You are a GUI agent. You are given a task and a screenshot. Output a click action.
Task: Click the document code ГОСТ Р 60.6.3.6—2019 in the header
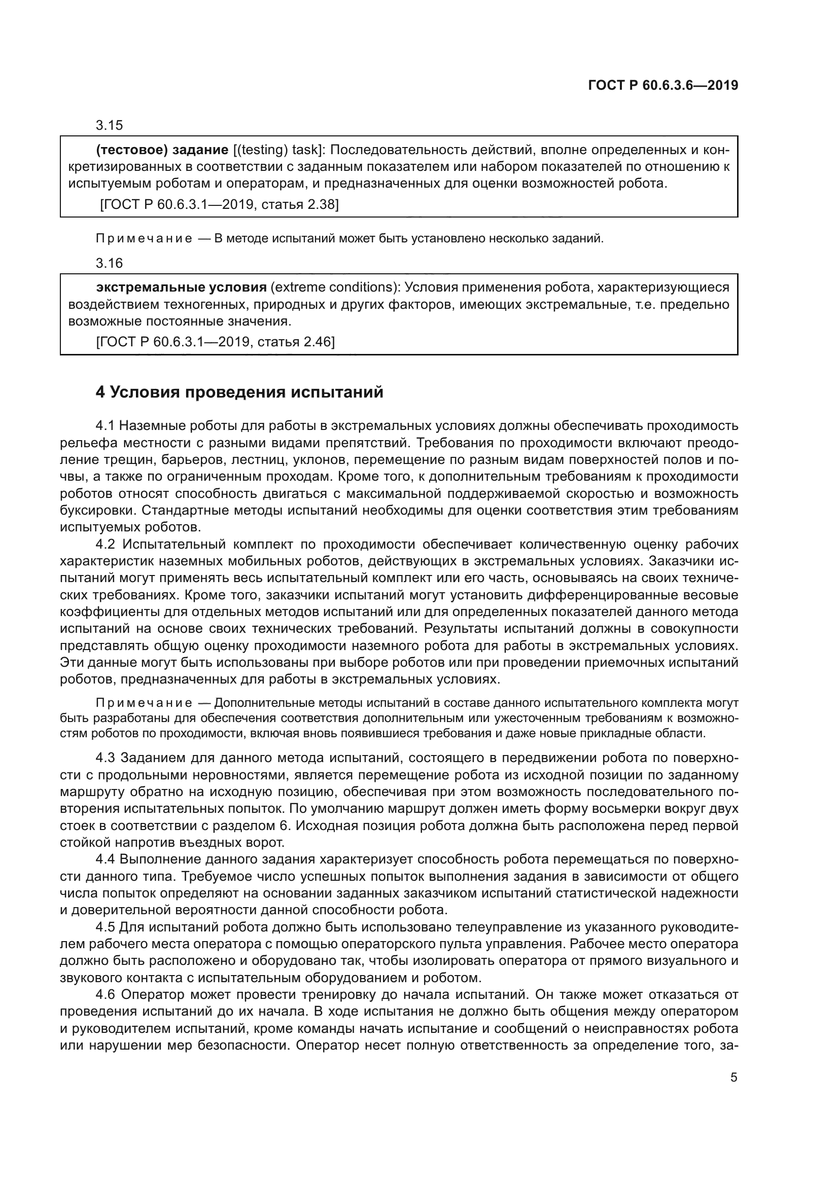tap(663, 85)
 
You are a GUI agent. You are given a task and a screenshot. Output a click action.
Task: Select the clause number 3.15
tap(109, 126)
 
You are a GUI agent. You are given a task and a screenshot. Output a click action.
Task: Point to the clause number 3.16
tap(109, 264)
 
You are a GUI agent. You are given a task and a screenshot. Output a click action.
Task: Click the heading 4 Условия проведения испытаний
tap(239, 392)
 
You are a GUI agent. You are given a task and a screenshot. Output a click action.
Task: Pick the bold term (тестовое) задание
tap(162, 150)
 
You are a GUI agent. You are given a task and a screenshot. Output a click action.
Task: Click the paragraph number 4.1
tap(105, 425)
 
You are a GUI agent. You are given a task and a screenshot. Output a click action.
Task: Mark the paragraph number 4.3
tap(105, 758)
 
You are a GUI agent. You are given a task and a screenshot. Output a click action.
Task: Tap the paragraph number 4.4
tap(105, 859)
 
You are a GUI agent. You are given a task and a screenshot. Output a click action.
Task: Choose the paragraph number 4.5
tap(105, 927)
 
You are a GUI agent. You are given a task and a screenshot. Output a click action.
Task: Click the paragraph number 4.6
tap(106, 995)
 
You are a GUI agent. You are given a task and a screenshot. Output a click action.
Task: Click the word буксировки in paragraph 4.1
tap(98, 511)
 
